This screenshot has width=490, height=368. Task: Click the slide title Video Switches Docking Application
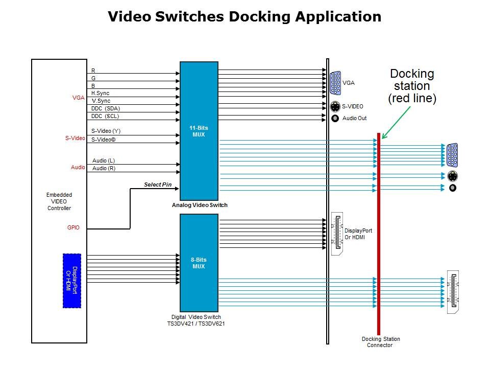244,17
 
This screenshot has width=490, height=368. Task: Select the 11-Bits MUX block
199,130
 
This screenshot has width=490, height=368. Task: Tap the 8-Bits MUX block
199,263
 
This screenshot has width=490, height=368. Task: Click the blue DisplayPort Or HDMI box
72,281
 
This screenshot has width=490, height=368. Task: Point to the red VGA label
78,98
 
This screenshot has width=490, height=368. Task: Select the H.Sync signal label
100,94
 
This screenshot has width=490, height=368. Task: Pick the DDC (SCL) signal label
105,117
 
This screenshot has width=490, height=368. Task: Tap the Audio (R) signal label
104,169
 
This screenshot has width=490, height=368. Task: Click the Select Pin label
158,185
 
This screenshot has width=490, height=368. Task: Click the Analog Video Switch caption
200,205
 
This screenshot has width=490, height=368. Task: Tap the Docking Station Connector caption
381,342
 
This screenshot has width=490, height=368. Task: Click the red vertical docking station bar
379,230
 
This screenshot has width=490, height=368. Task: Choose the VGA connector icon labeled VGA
335,83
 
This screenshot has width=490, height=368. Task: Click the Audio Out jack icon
335,119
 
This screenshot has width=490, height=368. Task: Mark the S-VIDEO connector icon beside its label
335,107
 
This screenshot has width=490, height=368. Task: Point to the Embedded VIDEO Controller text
59,201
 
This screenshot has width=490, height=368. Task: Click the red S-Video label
75,138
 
